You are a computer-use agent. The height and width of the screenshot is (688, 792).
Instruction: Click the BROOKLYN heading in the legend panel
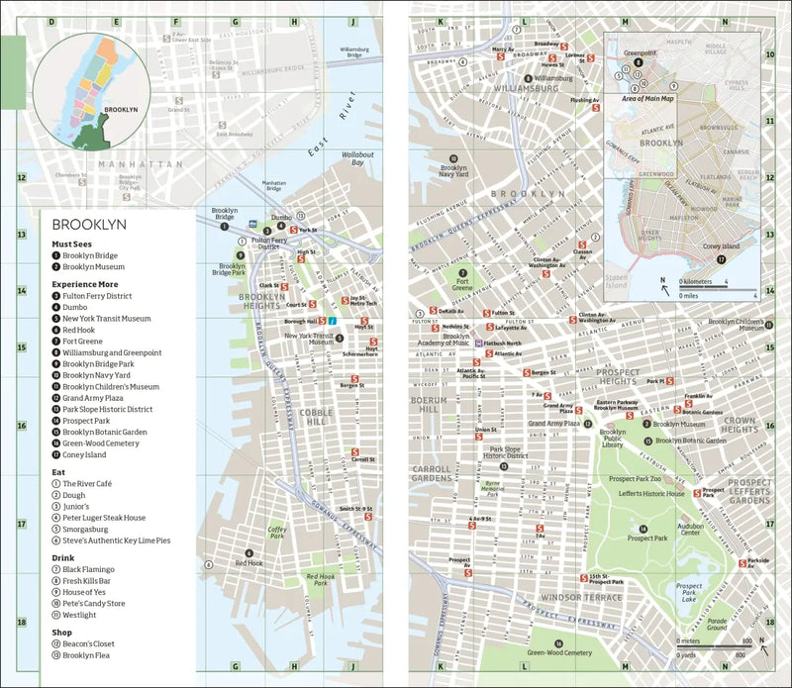tap(90, 225)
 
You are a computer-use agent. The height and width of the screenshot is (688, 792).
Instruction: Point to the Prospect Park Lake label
tap(689, 592)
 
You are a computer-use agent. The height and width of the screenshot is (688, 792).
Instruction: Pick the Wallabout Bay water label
tap(358, 157)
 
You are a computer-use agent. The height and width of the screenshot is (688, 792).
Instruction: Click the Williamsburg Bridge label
tap(352, 51)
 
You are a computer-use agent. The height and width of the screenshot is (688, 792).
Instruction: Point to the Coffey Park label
tap(277, 534)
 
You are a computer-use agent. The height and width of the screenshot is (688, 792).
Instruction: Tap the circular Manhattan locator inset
tap(90, 90)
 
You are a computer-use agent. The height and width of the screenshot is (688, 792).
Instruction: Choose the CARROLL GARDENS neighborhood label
tap(431, 473)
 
